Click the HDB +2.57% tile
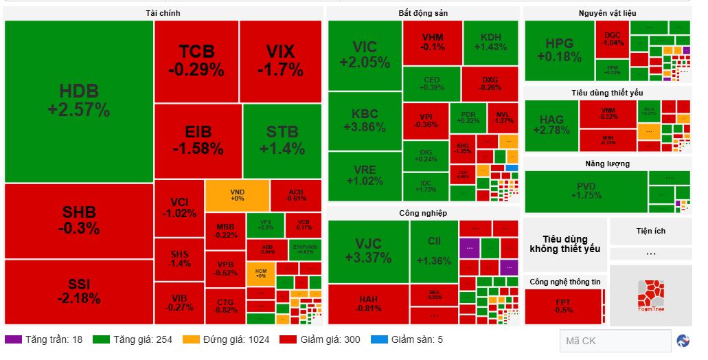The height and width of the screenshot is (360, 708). pyautogui.click(x=78, y=101)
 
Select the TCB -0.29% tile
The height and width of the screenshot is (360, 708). pyautogui.click(x=196, y=60)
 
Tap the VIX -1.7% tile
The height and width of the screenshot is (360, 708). pyautogui.click(x=280, y=60)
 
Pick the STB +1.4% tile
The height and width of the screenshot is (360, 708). pyautogui.click(x=282, y=140)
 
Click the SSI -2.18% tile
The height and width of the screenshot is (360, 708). pyautogui.click(x=78, y=291)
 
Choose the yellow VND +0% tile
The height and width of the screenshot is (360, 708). pyautogui.click(x=237, y=195)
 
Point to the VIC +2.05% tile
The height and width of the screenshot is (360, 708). pyautogui.click(x=365, y=54)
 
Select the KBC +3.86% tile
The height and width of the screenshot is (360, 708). pyautogui.click(x=365, y=121)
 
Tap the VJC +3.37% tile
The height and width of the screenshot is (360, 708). pyautogui.click(x=368, y=251)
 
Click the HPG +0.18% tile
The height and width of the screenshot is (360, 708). pyautogui.click(x=559, y=51)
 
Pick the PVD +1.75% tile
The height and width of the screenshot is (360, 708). pyautogui.click(x=586, y=191)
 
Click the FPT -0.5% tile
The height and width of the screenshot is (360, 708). pyautogui.click(x=563, y=306)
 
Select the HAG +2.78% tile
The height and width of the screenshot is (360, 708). pyautogui.click(x=551, y=124)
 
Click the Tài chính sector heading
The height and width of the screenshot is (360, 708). pyautogui.click(x=163, y=13)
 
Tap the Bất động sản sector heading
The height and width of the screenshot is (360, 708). pyautogui.click(x=423, y=13)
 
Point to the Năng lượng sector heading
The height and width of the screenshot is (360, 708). pyautogui.click(x=607, y=164)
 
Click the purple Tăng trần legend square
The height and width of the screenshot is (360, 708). pyautogui.click(x=12, y=339)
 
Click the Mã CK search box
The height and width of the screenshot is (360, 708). pyautogui.click(x=615, y=341)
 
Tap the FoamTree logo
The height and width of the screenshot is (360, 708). pyautogui.click(x=650, y=295)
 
